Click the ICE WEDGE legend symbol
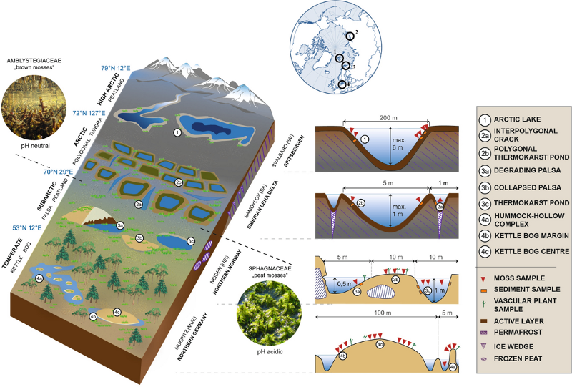click(x=487, y=346)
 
